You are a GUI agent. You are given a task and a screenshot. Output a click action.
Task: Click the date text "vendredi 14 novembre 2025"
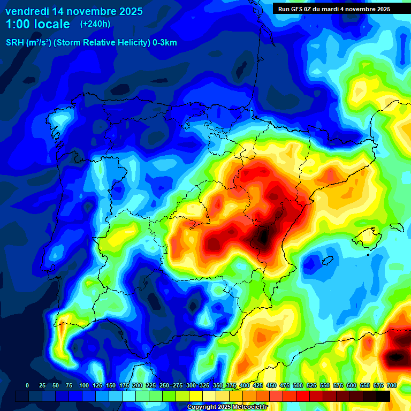pyautogui.click(x=74, y=11)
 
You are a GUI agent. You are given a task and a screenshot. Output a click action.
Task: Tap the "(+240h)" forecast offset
pyautogui.click(x=95, y=24)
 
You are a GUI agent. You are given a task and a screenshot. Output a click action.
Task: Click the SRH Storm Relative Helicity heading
pyautogui.click(x=91, y=43)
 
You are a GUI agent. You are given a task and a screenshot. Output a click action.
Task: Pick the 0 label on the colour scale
pyautogui.click(x=27, y=385)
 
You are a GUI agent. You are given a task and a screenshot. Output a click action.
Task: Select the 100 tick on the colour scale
pyautogui.click(x=84, y=385)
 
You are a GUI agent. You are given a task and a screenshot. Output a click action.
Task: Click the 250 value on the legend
pyautogui.click(x=164, y=385)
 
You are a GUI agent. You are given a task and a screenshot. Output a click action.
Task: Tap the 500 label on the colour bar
pyautogui.click(x=298, y=385)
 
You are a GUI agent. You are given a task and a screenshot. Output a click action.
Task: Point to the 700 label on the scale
pyautogui.click(x=391, y=385)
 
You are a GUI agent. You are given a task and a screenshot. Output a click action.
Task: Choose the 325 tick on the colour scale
pyautogui.click(x=204, y=385)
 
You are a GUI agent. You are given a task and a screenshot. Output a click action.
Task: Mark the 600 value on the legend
pyautogui.click(x=352, y=385)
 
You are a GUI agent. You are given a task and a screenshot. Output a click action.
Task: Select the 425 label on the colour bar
pyautogui.click(x=258, y=385)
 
